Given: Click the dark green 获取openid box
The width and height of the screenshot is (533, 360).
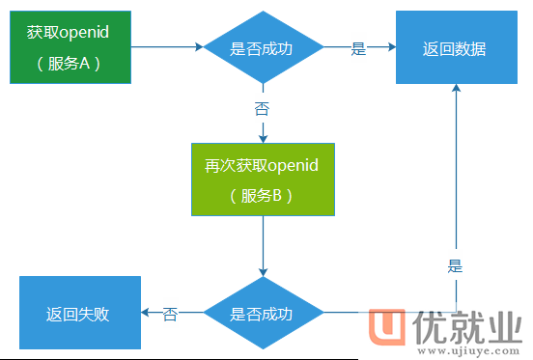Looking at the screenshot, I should click(69, 47).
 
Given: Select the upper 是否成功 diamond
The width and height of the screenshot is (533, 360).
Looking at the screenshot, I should click(262, 47).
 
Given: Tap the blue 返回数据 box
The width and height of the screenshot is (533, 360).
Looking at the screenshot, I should click(454, 47).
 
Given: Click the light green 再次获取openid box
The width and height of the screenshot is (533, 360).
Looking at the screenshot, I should click(262, 180).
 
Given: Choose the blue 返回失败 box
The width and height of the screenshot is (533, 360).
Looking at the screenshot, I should click(79, 313).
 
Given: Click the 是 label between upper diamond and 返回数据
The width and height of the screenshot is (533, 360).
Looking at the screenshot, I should click(358, 49).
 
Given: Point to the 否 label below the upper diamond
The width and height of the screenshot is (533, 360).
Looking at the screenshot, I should click(262, 108).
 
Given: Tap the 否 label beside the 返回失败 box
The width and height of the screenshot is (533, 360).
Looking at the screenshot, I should click(170, 314).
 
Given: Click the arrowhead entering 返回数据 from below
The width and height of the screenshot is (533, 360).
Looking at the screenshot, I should click(455, 90).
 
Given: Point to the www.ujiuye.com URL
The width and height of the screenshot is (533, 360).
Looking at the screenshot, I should click(471, 352).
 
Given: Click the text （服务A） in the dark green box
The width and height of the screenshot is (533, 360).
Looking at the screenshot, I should click(69, 64).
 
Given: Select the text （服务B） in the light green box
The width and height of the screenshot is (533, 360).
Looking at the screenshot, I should click(262, 196).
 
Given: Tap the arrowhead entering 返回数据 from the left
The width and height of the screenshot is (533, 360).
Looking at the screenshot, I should click(390, 46).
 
